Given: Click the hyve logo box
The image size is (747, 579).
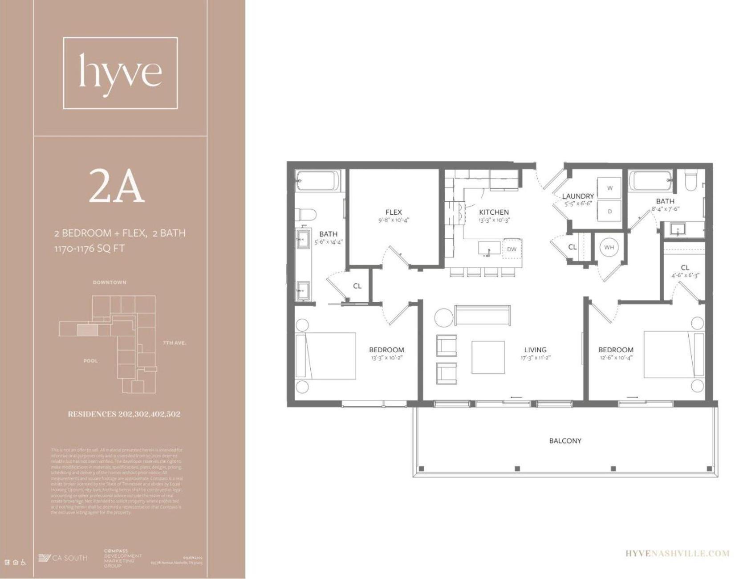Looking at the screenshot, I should tap(120, 73).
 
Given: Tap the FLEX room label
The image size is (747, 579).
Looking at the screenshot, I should tap(394, 212).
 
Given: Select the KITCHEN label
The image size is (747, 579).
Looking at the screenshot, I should tap(494, 212).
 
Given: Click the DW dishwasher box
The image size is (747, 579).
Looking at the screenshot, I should tap(512, 249).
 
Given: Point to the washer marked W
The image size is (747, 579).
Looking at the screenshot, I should tap(610, 188).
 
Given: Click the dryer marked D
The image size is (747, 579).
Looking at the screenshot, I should tap(610, 212).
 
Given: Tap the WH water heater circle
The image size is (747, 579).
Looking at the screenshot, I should tap(609, 248).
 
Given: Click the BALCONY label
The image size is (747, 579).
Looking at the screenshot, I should tap(565, 441).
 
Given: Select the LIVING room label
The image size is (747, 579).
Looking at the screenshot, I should tap(535, 350).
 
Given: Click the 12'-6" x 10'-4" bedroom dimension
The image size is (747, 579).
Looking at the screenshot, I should tap(615, 358).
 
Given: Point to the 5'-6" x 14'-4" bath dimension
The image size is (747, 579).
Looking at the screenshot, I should tap(328, 242).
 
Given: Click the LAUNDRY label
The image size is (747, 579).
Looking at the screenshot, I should tap(578, 196).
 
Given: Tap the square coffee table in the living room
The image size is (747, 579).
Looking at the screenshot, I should tap(488, 357).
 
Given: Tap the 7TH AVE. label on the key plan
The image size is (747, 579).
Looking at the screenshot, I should tap(175, 343).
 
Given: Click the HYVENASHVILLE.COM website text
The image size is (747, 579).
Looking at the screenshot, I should tap(678, 554).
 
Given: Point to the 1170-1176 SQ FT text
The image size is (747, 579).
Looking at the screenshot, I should tap(89, 249).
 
